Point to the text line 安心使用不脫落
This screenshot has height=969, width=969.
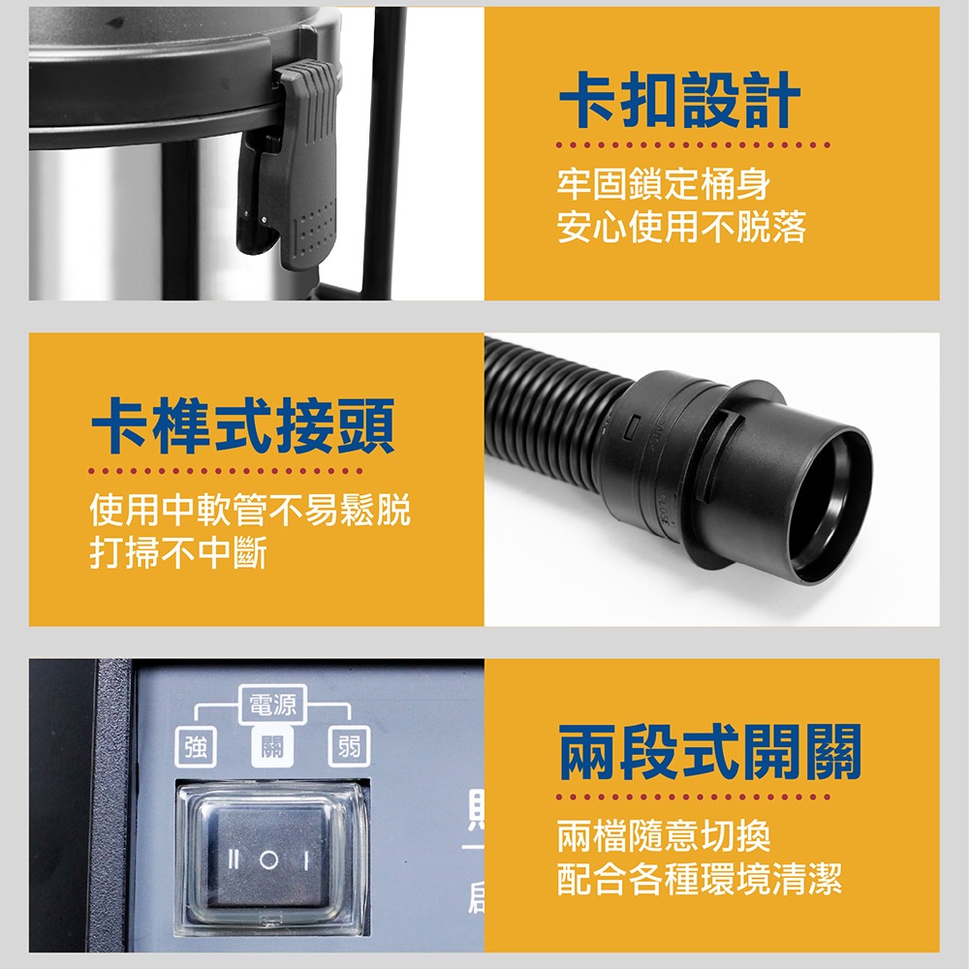coord(681,228)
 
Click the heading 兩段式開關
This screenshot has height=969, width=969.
coord(710,752)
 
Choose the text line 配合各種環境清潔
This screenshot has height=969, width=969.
coord(700,878)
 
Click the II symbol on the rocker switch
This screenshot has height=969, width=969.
coord(233,860)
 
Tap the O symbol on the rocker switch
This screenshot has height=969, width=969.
coord(268,860)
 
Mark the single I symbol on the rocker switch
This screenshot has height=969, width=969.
coord(303,860)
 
